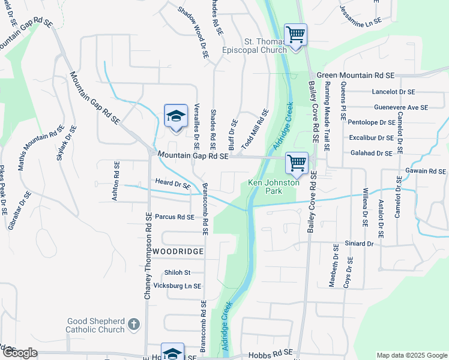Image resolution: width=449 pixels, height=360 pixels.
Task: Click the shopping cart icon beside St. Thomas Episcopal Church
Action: click(x=295, y=34)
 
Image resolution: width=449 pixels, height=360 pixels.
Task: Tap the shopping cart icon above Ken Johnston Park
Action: click(x=297, y=163)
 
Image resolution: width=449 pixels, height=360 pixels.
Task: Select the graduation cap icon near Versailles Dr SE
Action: click(x=176, y=115)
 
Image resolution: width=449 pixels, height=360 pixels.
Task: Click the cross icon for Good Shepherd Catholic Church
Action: click(x=134, y=325)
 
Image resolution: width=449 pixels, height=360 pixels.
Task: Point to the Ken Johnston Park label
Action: click(x=273, y=187)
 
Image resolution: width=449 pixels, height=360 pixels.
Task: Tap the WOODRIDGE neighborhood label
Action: click(x=178, y=251)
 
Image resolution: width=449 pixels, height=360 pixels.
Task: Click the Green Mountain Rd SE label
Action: click(x=355, y=76)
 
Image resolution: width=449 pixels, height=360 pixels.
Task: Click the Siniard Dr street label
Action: click(x=359, y=244)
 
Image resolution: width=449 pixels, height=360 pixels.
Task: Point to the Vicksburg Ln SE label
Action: click(x=178, y=286)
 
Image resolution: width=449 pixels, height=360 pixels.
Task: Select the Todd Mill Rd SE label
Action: click(x=254, y=130)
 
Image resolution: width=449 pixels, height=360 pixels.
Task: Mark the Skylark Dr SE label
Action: click(x=65, y=143)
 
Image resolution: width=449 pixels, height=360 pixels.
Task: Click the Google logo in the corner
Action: click(x=20, y=353)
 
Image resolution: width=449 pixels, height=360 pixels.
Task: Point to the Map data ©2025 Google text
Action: click(x=411, y=355)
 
